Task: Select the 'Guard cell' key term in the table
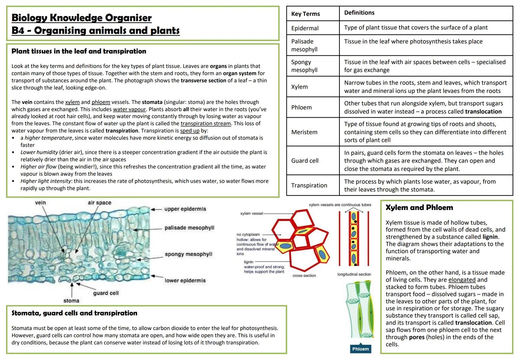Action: click(x=305, y=161)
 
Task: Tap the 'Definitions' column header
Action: click(x=359, y=13)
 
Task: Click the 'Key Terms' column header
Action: click(x=305, y=14)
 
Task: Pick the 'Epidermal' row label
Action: click(x=305, y=28)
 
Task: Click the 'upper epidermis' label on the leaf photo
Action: click(x=185, y=209)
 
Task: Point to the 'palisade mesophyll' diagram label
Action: click(x=189, y=228)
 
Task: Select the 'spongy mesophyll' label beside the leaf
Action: click(x=188, y=254)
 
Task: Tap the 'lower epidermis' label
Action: click(x=185, y=281)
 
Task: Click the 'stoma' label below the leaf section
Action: click(x=71, y=301)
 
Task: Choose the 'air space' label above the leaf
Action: click(x=99, y=203)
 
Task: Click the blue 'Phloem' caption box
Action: click(x=360, y=349)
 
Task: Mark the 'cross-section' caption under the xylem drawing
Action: click(x=304, y=276)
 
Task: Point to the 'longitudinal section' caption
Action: click(x=354, y=274)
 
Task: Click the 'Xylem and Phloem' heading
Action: click(x=419, y=208)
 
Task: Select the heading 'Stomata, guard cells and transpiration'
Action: click(x=74, y=313)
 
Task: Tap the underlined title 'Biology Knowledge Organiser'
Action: click(x=81, y=18)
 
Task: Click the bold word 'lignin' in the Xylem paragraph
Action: click(x=490, y=237)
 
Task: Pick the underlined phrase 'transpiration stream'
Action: click(x=206, y=124)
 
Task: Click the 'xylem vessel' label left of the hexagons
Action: click(x=251, y=213)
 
